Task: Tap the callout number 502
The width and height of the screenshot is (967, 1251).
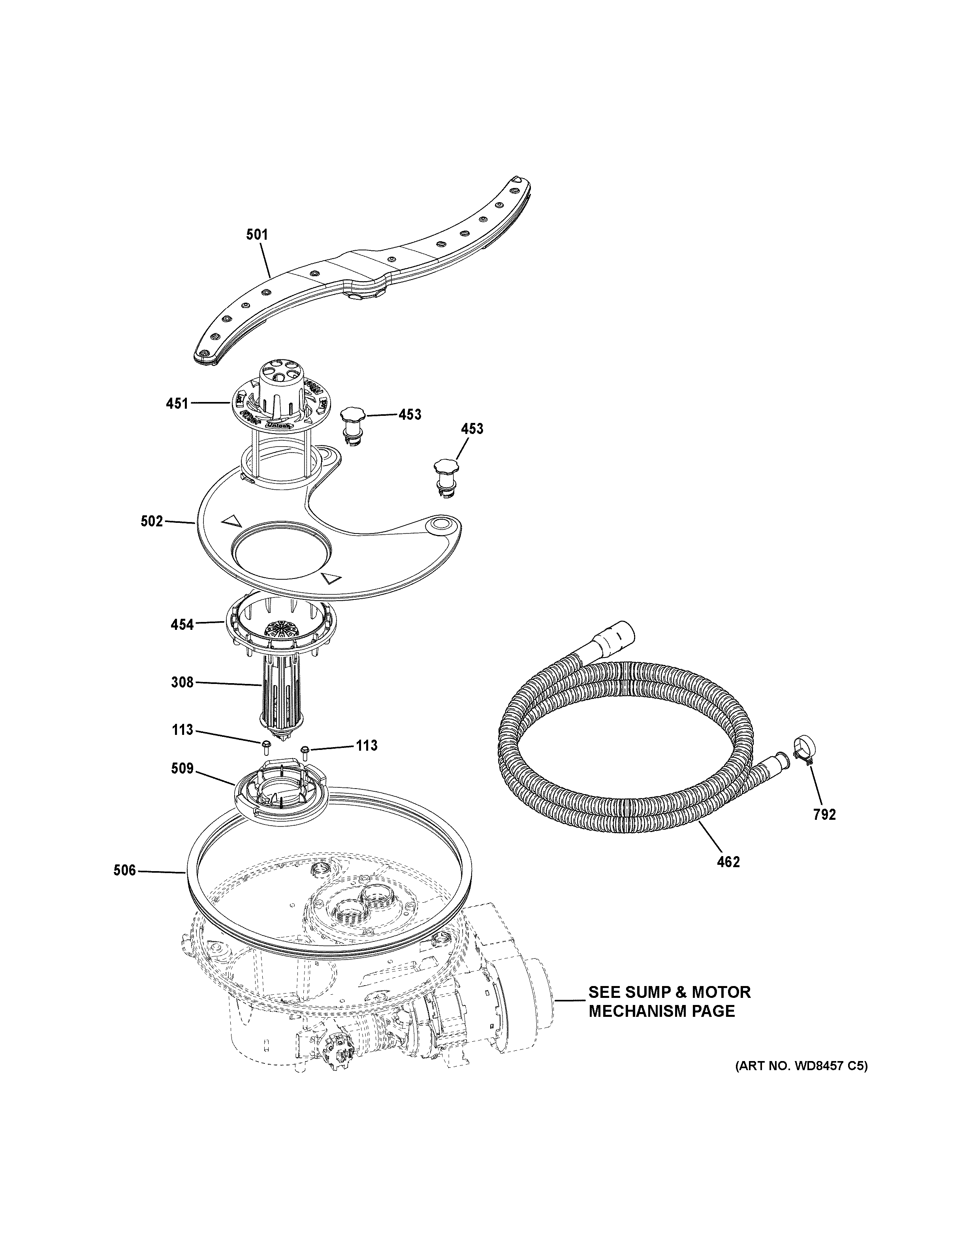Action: [152, 521]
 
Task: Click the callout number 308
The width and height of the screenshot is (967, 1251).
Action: [182, 682]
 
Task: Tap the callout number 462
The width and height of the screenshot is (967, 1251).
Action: [728, 877]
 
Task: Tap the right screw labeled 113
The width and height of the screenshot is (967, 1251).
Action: [305, 749]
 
